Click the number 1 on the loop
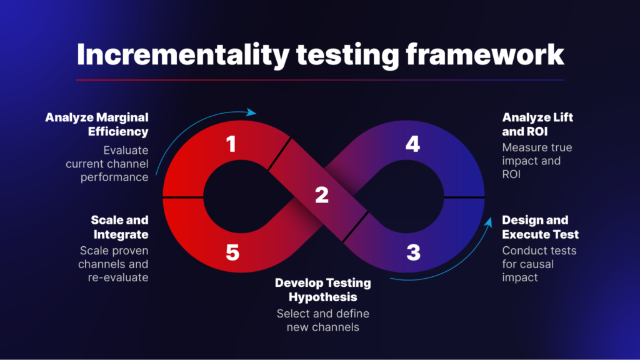[231, 145]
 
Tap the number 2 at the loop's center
[322, 195]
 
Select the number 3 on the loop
[413, 252]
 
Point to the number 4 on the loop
[412, 144]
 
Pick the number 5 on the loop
[232, 252]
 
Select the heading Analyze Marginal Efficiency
[97, 124]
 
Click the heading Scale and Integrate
[120, 227]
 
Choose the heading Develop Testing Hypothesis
[322, 289]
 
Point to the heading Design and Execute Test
[540, 227]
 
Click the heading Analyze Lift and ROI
[537, 124]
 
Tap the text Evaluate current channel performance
[107, 164]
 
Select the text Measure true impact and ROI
[537, 161]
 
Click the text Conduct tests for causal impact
[539, 264]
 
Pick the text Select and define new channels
[322, 321]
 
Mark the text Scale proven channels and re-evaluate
[114, 264]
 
